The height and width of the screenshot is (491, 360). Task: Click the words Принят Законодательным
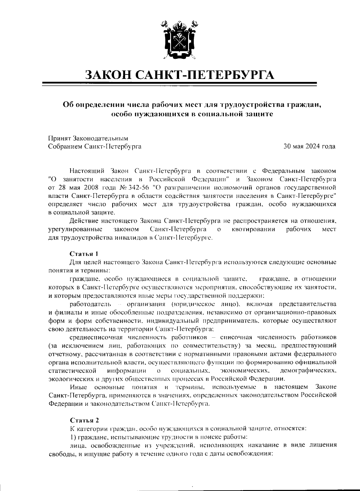tap(88, 138)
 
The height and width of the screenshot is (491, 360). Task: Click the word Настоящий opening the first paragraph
tap(87, 171)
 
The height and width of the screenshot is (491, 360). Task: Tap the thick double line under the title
tap(180, 84)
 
